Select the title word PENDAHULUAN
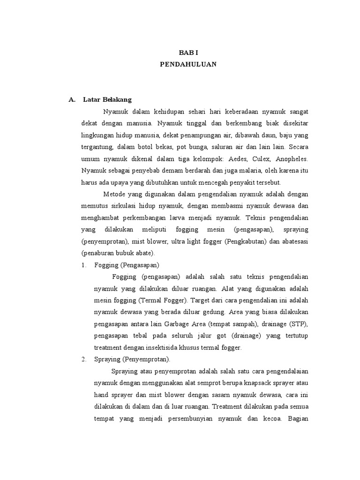coord(188,65)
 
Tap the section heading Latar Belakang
coord(107,99)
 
